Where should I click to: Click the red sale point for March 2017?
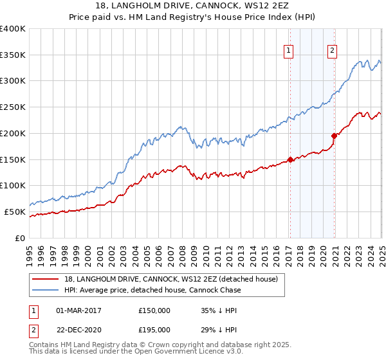(290, 159)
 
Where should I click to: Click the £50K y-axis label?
(14, 212)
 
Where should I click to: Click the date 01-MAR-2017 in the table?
(78, 310)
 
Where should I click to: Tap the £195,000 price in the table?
(154, 329)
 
